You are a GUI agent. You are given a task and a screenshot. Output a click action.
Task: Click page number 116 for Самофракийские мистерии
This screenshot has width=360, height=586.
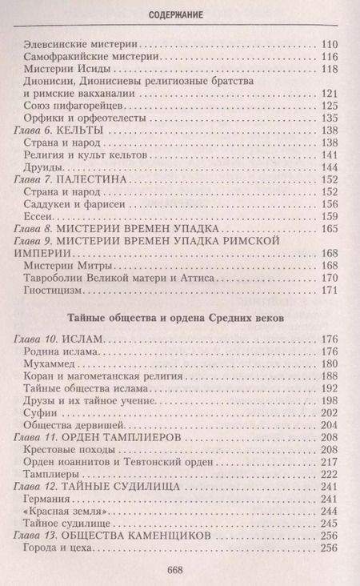(x=329, y=58)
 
